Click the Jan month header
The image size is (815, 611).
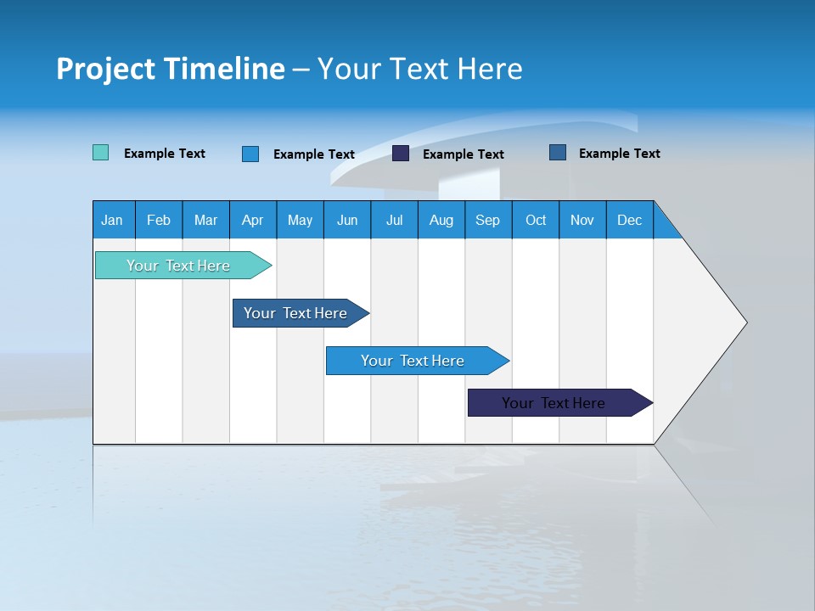[x=112, y=220]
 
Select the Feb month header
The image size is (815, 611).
[x=159, y=220]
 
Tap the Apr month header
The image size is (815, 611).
[x=252, y=220]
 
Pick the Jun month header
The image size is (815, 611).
[x=347, y=220]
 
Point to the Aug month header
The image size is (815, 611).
[x=441, y=220]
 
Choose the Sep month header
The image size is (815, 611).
[x=487, y=220]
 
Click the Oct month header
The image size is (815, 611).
[x=536, y=220]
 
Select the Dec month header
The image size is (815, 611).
[x=629, y=220]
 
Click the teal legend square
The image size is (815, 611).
[x=100, y=153]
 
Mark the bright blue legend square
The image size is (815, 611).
[x=250, y=154]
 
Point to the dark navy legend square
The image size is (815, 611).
[x=401, y=154]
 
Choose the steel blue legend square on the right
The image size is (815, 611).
[x=558, y=153]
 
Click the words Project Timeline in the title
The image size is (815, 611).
[x=171, y=69]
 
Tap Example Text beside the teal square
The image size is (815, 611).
[x=165, y=154]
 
